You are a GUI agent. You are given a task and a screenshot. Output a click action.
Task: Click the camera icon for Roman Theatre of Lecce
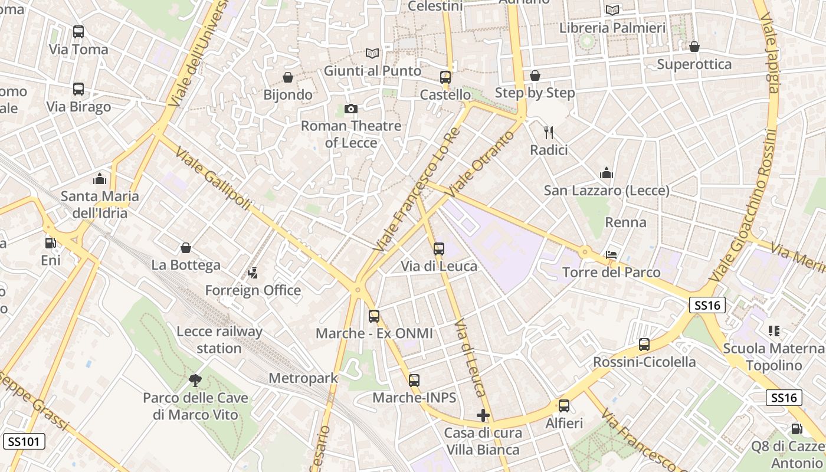click(351, 109)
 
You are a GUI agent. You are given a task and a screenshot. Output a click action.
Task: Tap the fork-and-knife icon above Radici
click(549, 132)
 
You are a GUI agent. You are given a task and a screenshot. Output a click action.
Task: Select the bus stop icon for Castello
click(445, 77)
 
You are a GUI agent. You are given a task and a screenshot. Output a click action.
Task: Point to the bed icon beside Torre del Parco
click(612, 255)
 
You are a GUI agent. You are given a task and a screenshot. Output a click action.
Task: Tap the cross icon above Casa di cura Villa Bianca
click(483, 415)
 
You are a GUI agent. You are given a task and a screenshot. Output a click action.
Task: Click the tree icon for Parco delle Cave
click(195, 381)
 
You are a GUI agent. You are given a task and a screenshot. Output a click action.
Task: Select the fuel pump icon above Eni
click(51, 242)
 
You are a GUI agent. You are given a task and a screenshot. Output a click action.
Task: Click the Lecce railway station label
click(219, 340)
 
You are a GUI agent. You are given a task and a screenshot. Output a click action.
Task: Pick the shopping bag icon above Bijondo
click(288, 77)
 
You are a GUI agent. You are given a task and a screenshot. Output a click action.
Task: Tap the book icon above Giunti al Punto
click(372, 54)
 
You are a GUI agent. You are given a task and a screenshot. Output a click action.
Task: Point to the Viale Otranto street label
click(478, 164)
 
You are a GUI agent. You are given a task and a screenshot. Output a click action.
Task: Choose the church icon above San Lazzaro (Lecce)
click(607, 173)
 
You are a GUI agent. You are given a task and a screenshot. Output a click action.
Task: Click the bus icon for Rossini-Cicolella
click(644, 345)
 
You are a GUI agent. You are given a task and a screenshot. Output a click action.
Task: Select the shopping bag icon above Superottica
click(694, 47)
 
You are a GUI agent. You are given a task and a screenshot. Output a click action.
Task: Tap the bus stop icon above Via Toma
click(78, 32)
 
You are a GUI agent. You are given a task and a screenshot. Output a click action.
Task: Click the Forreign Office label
click(253, 290)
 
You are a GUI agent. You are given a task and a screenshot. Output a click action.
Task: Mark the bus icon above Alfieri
click(564, 406)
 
